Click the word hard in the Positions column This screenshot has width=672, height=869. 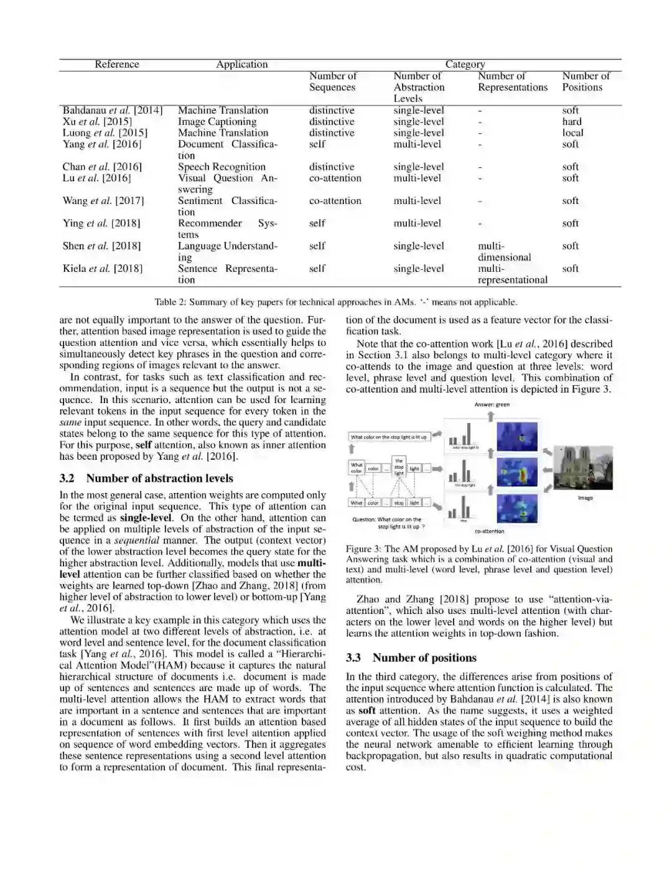572,122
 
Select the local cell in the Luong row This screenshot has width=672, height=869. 572,133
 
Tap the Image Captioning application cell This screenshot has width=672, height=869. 217,122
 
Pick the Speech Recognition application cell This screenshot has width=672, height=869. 222,167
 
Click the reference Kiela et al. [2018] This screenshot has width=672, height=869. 102,269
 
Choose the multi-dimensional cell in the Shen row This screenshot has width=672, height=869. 504,251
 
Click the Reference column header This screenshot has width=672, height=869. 117,65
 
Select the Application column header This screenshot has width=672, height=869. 241,65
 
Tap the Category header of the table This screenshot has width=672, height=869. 465,65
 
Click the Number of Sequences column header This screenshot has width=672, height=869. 333,81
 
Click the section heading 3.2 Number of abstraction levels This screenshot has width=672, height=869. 146,478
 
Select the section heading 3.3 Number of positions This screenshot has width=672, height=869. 411,658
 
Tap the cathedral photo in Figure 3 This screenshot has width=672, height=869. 582,468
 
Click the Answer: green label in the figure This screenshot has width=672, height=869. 492,404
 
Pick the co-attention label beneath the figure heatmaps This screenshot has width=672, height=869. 489,531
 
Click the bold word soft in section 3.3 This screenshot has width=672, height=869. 367,710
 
